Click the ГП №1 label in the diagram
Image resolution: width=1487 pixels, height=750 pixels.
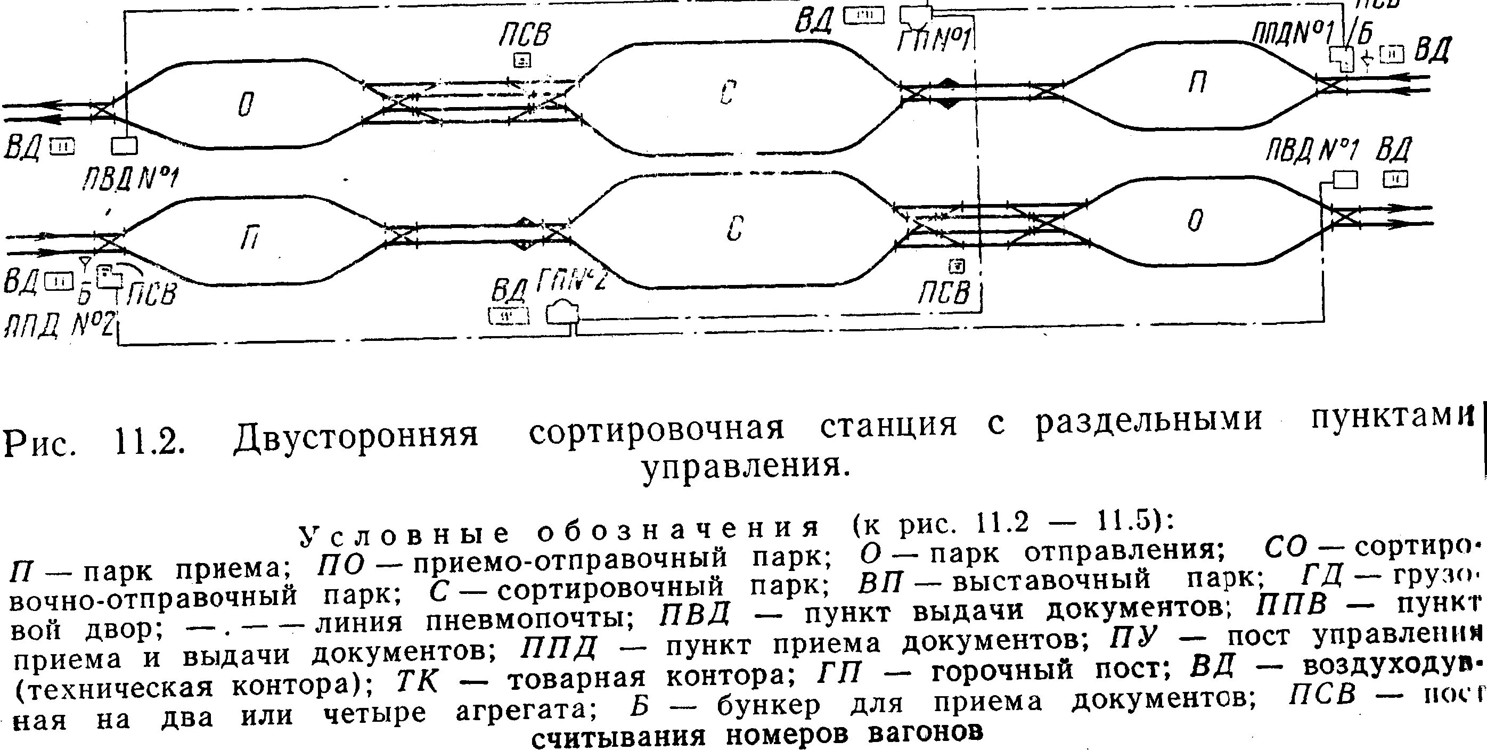click(935, 40)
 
